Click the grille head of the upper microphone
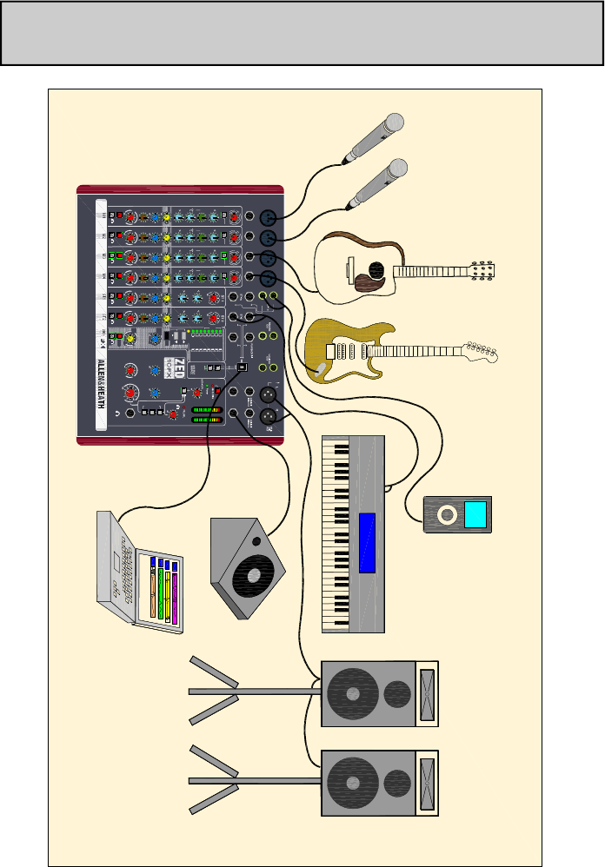(395, 122)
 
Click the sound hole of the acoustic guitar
(376, 270)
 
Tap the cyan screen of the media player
(475, 515)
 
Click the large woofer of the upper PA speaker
(352, 694)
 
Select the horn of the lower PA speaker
(427, 783)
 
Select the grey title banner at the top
(302, 33)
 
